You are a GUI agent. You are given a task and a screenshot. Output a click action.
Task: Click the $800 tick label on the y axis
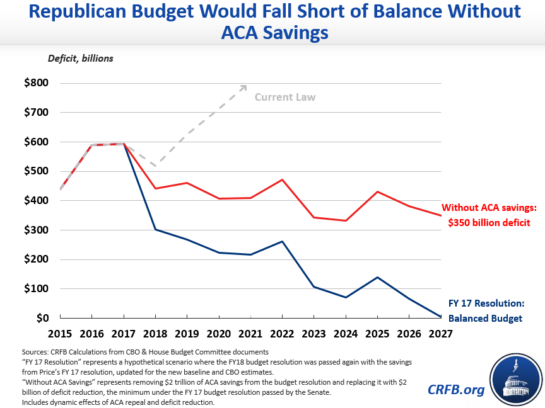pyautogui.click(x=35, y=83)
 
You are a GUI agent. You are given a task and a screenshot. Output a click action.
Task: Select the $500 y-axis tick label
pyautogui.click(x=35, y=171)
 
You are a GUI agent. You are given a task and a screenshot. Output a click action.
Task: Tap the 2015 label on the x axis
pyautogui.click(x=61, y=335)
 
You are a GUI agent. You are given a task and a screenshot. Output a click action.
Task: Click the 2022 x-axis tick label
pyautogui.click(x=282, y=335)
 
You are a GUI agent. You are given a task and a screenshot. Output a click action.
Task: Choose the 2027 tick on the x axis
pyautogui.click(x=441, y=335)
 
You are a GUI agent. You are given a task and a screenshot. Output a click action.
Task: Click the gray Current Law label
pyautogui.click(x=285, y=97)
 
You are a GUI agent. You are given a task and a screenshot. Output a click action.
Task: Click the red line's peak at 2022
pyautogui.click(x=282, y=179)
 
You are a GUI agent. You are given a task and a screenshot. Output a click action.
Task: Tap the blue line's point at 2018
pyautogui.click(x=156, y=229)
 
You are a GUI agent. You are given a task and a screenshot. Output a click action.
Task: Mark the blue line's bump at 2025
pyautogui.click(x=377, y=277)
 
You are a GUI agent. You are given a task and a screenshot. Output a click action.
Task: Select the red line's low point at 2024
pyautogui.click(x=346, y=220)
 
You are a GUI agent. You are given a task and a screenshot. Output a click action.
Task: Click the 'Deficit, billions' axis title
pyautogui.click(x=80, y=59)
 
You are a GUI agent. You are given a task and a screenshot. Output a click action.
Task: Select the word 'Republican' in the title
pyautogui.click(x=95, y=11)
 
